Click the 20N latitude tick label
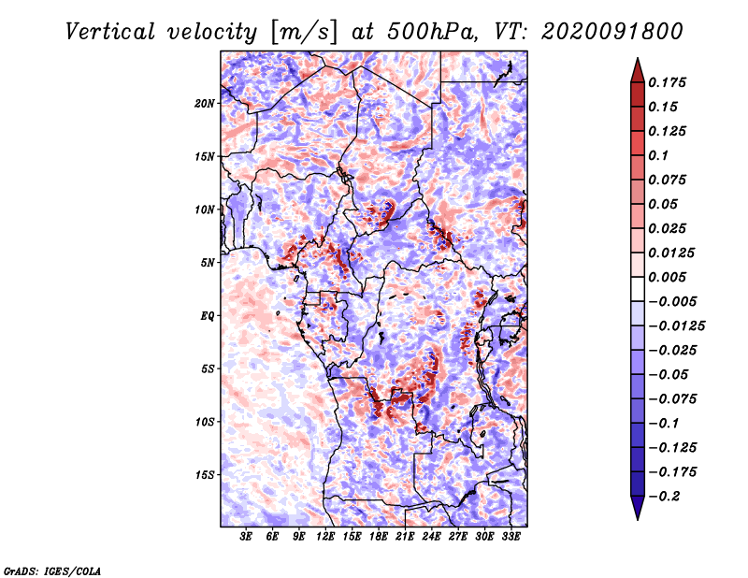click(205, 104)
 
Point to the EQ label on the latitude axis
click(207, 316)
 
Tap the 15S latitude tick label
click(205, 475)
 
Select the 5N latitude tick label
click(208, 263)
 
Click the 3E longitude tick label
click(246, 537)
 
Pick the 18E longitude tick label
click(378, 537)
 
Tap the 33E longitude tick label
click(511, 537)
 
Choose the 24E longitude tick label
click(431, 537)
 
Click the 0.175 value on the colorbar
click(667, 82)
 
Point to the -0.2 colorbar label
click(664, 497)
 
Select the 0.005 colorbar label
click(667, 277)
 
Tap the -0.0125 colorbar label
click(676, 326)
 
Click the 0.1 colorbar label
click(658, 155)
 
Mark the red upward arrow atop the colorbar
click(638, 70)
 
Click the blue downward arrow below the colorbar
click(638, 508)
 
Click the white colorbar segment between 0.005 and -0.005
click(638, 289)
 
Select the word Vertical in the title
click(110, 32)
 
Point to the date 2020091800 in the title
click(612, 32)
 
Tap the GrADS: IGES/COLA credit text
click(52, 571)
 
